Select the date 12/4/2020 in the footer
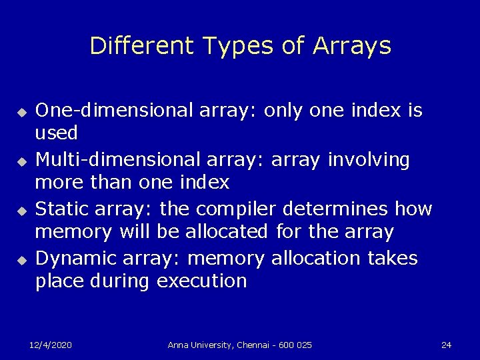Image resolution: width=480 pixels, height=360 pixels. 51,345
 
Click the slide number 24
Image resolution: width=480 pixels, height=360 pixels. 446,345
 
